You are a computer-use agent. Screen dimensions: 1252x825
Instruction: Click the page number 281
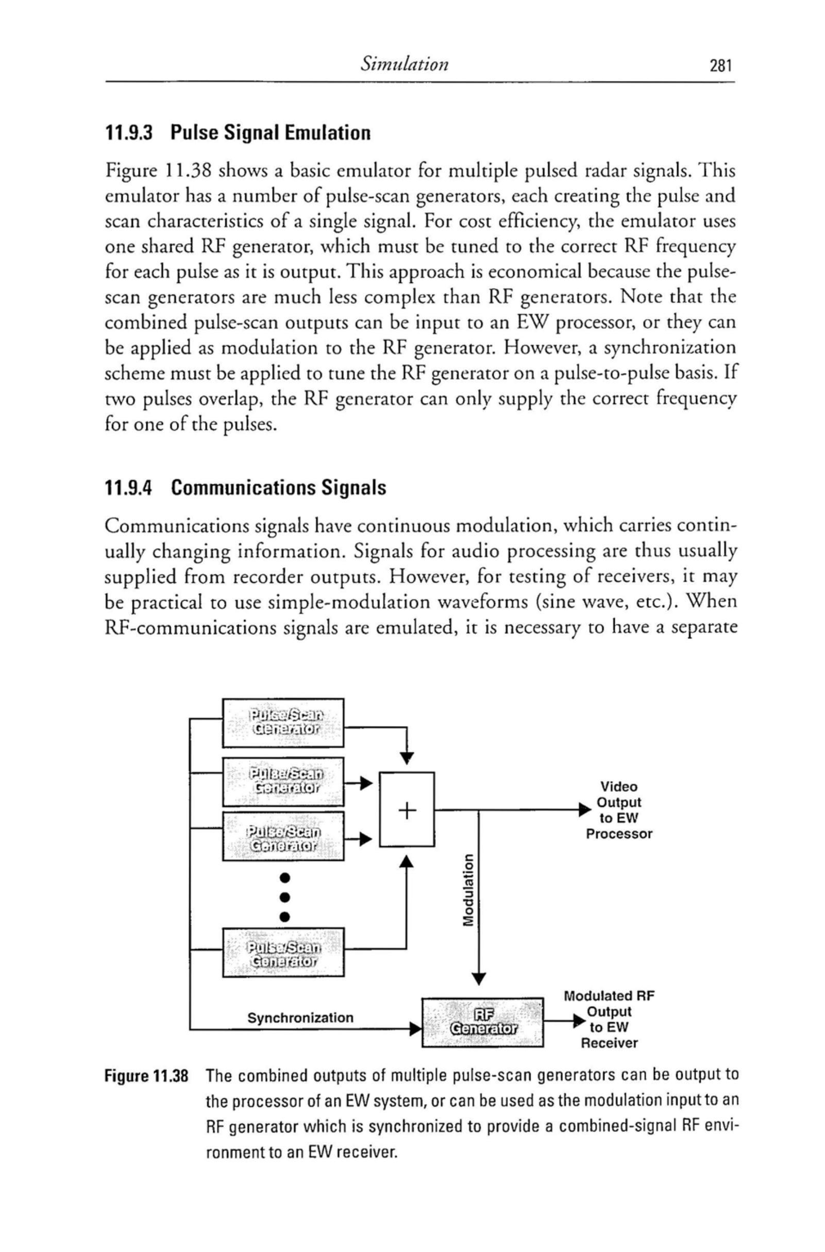(720, 66)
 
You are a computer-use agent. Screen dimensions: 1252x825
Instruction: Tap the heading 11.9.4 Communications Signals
(246, 488)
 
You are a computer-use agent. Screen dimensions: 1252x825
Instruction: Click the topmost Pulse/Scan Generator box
(283, 722)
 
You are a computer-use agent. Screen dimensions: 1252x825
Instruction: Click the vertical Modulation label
(466, 890)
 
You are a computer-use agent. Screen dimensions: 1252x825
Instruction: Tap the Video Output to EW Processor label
(619, 810)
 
